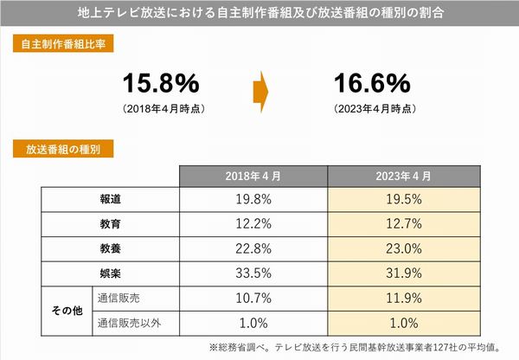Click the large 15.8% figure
[161, 84]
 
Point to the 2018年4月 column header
[253, 177]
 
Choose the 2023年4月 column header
[403, 177]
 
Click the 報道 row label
[111, 200]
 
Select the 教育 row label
[111, 223]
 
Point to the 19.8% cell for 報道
[253, 200]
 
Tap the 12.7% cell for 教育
[403, 223]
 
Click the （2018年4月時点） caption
[161, 109]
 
